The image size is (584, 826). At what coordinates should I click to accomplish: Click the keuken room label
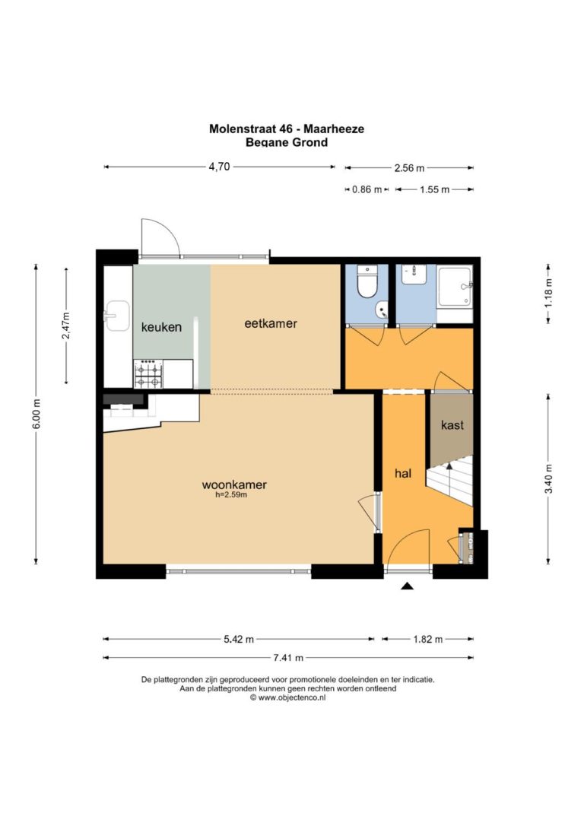161,327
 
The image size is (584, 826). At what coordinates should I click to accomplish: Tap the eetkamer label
271,323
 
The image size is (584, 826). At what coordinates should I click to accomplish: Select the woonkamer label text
234,484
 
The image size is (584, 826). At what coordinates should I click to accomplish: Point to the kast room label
452,424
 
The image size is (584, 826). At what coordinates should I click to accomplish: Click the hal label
403,473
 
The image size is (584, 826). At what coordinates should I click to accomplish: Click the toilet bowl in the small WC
367,282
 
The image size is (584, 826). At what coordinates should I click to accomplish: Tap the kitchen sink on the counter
117,316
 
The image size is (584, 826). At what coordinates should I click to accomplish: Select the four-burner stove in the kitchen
148,374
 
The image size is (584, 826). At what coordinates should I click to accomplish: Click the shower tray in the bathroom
455,287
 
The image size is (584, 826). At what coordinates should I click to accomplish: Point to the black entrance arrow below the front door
407,586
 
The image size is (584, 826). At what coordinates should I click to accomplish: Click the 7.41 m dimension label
288,657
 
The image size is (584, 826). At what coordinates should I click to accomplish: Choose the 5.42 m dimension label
239,639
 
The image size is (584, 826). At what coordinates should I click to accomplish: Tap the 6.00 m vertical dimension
36,414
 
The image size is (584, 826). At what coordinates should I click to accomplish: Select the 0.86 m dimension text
367,189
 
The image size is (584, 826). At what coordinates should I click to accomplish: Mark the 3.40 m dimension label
548,478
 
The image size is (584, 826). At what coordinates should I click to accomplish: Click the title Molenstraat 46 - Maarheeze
287,129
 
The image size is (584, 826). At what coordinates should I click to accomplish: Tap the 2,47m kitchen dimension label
66,326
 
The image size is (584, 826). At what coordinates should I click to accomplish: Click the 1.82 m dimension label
427,639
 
